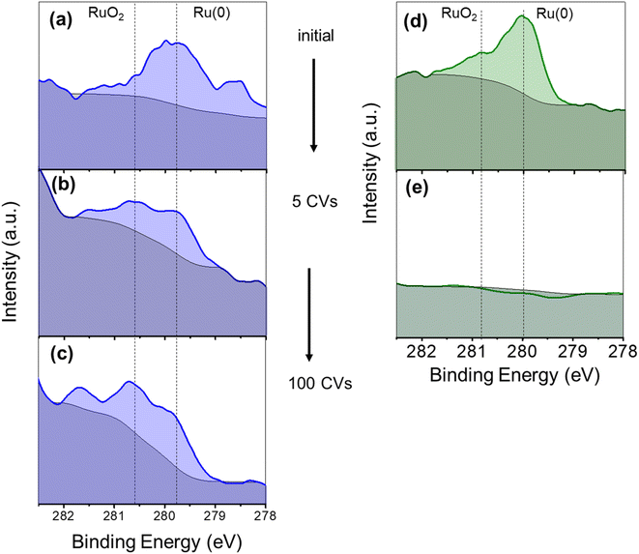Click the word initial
coord(316,37)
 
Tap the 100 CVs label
coord(319,384)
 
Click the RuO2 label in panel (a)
coord(104,15)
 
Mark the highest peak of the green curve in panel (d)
coord(522,15)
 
